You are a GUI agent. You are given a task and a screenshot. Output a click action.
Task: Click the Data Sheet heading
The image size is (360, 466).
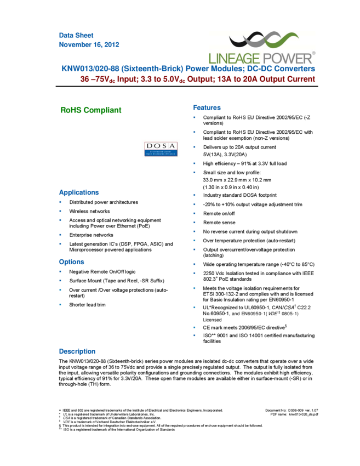tap(76, 35)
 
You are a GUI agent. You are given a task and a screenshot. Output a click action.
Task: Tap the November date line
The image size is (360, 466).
tap(89, 45)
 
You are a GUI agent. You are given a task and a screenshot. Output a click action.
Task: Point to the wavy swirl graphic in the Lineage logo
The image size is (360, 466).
tap(263, 40)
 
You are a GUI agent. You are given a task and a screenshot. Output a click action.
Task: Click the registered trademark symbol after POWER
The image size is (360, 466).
tap(313, 53)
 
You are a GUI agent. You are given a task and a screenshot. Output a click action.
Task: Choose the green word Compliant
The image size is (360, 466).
tap(102, 110)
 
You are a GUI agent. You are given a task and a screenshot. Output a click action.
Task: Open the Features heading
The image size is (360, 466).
tap(207, 107)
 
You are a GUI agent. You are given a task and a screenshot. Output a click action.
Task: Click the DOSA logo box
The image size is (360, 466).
tap(161, 148)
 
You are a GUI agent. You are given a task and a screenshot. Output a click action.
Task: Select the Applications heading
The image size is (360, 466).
tap(79, 193)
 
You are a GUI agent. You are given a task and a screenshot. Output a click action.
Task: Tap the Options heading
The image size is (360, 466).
tap(72, 262)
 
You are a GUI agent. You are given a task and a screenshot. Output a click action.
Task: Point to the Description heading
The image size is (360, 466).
tap(77, 352)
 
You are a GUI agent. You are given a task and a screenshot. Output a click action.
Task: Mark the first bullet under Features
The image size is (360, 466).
tap(194, 117)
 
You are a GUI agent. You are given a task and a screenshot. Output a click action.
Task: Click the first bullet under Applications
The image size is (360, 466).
tap(60, 202)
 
